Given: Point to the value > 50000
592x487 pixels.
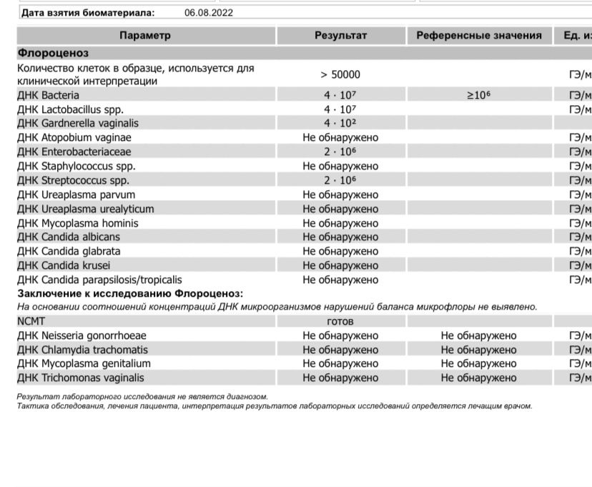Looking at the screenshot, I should pyautogui.click(x=340, y=74).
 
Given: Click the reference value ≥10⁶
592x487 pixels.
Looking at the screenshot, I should pyautogui.click(x=478, y=95).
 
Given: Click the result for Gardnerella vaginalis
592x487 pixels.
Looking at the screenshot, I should pyautogui.click(x=340, y=124).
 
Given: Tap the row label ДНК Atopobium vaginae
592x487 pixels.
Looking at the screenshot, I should pyautogui.click(x=74, y=137).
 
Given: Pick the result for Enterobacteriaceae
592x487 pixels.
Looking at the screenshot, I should pyautogui.click(x=340, y=152).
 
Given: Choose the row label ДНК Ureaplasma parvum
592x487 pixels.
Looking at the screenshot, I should pyautogui.click(x=76, y=195).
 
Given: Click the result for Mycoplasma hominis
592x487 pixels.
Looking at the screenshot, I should pyautogui.click(x=340, y=223).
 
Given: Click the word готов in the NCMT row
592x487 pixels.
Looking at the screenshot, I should pyautogui.click(x=340, y=322).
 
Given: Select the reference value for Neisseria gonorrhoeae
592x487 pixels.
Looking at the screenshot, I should pyautogui.click(x=478, y=335).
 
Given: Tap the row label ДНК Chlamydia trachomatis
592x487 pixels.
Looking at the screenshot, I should pyautogui.click(x=83, y=350).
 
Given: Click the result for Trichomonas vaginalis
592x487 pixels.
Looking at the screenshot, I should pyautogui.click(x=340, y=378).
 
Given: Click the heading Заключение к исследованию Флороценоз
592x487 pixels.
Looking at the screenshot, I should pyautogui.click(x=130, y=293).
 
